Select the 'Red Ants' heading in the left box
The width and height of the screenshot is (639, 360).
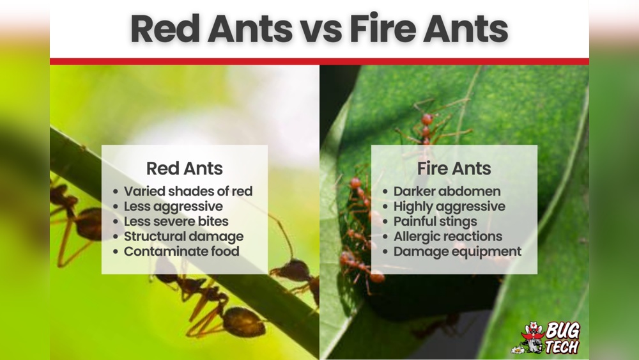tap(184, 169)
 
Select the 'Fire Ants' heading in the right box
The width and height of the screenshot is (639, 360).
tap(454, 169)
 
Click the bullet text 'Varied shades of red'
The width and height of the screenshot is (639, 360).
tap(188, 191)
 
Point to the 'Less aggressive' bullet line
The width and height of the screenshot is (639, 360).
tap(173, 207)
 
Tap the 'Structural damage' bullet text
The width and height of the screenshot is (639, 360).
tap(183, 237)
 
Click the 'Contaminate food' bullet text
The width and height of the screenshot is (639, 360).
tap(181, 251)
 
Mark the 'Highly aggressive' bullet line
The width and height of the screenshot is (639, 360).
tap(449, 207)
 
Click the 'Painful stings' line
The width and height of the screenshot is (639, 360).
tap(435, 221)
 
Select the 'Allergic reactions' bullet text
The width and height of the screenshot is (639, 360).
tap(448, 237)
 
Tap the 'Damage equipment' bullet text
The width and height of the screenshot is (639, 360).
tap(457, 251)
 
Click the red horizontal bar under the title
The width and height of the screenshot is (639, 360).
tap(319, 61)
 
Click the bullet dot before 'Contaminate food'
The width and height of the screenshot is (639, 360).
tap(116, 252)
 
